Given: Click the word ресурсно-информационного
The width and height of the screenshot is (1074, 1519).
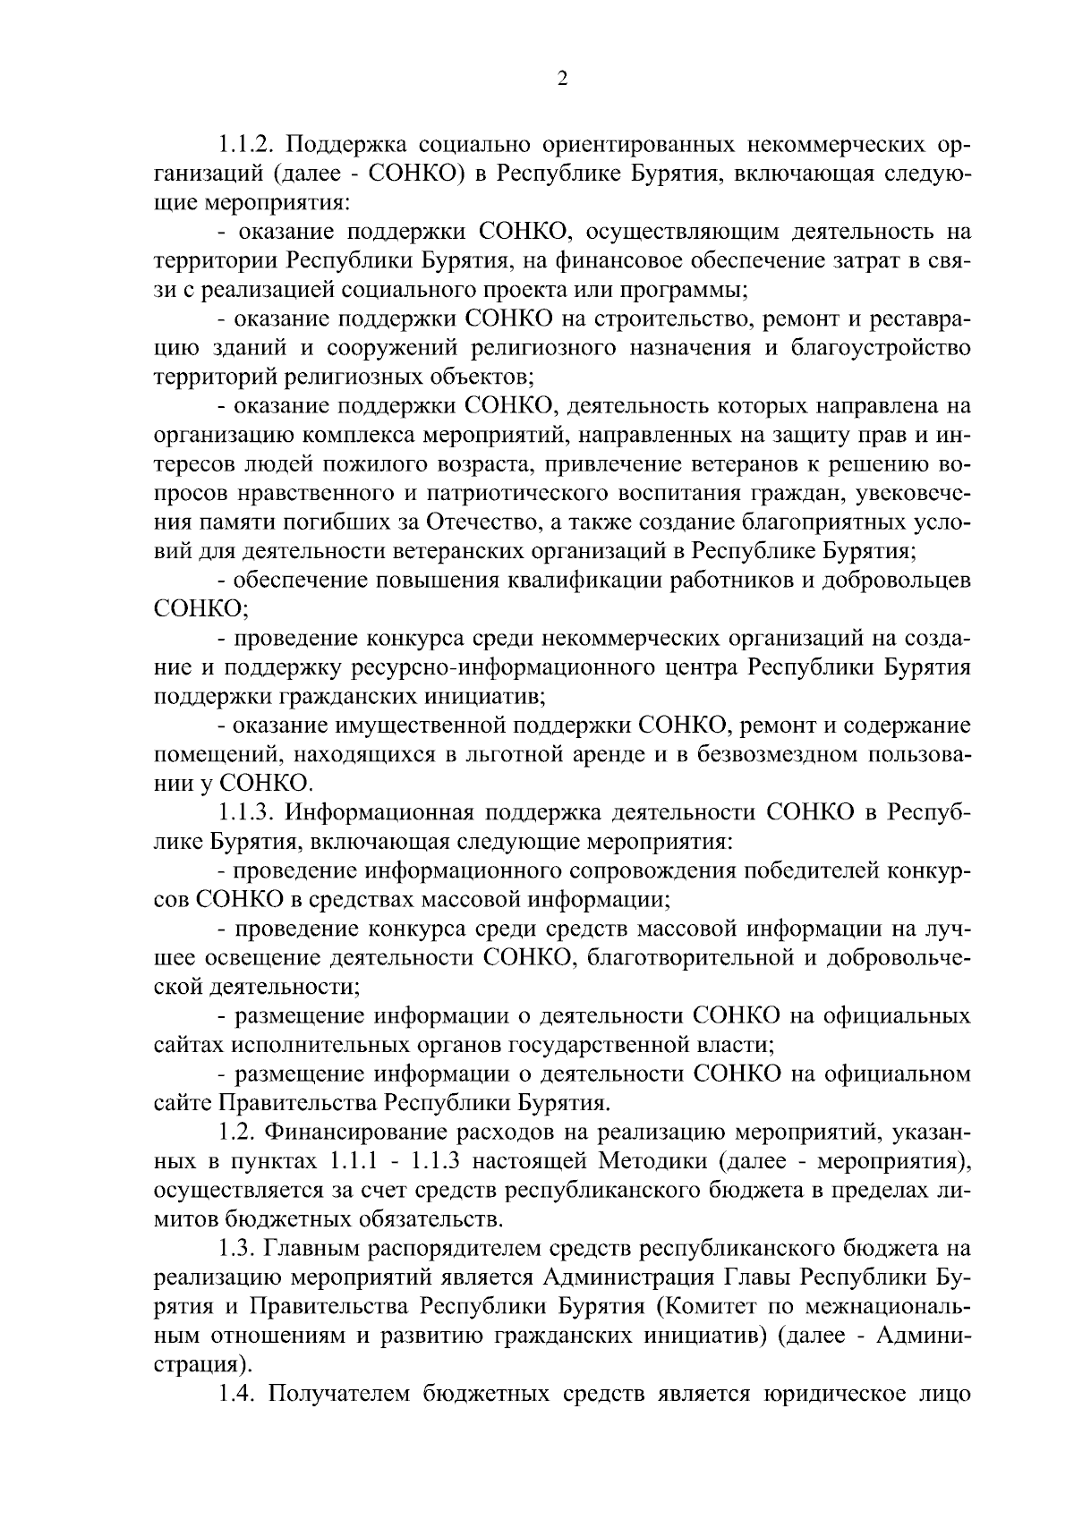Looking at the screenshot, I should pos(507,666).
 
